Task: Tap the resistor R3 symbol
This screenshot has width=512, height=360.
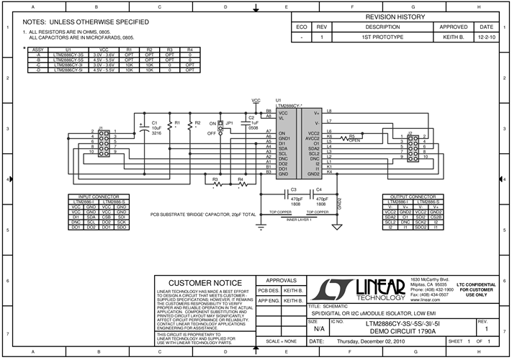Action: pyautogui.click(x=215, y=184)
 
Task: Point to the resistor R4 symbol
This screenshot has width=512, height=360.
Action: pyautogui.click(x=241, y=184)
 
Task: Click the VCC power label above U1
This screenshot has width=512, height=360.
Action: pyautogui.click(x=256, y=101)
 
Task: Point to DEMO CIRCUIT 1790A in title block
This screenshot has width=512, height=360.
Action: pyautogui.click(x=411, y=331)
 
